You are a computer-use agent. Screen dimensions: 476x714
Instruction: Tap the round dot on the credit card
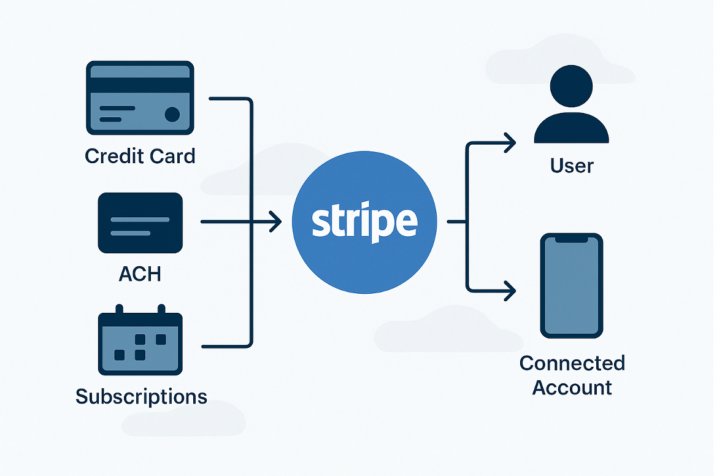pos(172,114)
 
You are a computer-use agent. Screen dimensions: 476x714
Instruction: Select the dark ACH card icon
pos(140,223)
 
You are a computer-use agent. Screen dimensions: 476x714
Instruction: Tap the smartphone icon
pos(571,285)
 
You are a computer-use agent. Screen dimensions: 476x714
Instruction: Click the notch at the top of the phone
pos(571,240)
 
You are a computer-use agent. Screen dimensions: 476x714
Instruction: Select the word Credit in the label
pos(110,156)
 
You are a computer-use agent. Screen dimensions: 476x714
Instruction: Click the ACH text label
pos(140,274)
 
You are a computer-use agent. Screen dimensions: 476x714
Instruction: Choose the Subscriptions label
pos(141,396)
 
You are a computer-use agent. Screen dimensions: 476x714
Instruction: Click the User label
pos(572,166)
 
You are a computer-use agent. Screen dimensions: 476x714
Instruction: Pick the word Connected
pos(572,363)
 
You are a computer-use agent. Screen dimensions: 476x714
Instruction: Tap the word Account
pos(572,388)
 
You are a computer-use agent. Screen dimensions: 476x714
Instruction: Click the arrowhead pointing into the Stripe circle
pos(275,221)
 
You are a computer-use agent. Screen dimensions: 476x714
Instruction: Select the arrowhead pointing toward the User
pos(509,144)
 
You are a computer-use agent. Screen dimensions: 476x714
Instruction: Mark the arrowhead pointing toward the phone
pos(509,290)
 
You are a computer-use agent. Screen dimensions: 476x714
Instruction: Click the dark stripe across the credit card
pos(140,85)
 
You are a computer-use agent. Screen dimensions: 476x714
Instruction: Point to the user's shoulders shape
pos(571,129)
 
